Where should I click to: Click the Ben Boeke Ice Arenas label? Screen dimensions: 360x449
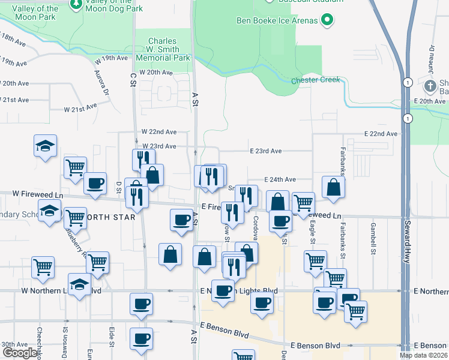click(276, 22)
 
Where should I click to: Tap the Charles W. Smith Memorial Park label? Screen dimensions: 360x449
click(163, 50)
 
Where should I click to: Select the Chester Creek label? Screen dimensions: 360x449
click(316, 80)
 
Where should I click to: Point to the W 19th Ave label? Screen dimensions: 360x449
click(112, 58)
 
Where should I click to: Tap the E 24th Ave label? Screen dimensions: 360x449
click(280, 179)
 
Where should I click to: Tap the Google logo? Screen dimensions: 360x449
click(20, 353)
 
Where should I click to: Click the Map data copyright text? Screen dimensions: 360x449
click(424, 355)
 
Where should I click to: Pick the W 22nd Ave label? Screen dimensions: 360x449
click(159, 132)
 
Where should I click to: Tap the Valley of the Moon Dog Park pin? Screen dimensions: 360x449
click(76, 5)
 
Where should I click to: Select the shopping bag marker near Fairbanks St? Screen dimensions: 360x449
click(333, 187)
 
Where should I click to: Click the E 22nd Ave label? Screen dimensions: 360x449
click(381, 134)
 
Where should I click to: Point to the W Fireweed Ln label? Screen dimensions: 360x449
click(38, 194)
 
